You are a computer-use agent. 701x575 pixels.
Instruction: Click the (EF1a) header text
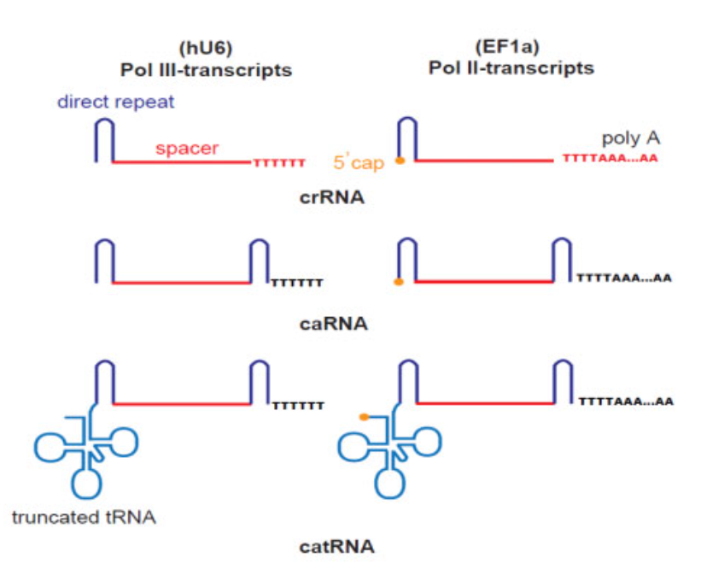click(511, 48)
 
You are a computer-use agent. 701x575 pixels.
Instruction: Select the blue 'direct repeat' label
click(116, 103)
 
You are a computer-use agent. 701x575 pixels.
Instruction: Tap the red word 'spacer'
click(187, 148)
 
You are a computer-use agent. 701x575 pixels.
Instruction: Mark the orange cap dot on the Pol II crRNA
click(400, 160)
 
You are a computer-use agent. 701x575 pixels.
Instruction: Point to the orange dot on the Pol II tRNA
click(364, 417)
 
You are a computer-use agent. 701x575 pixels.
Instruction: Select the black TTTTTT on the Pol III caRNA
click(296, 282)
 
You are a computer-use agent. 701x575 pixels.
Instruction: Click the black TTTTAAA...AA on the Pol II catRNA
click(626, 401)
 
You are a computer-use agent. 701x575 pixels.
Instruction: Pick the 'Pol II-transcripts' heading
click(511, 68)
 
